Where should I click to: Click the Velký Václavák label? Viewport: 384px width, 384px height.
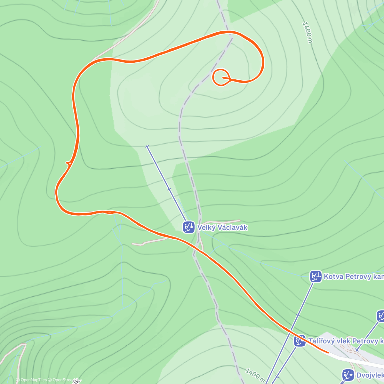click(x=222, y=228)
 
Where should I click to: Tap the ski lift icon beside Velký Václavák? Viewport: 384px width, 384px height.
click(x=189, y=227)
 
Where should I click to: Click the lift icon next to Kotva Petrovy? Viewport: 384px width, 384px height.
click(x=316, y=276)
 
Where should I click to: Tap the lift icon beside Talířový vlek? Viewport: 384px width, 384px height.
click(x=300, y=341)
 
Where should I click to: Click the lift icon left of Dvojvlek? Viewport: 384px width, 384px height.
click(x=348, y=375)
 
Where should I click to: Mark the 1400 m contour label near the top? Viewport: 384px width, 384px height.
click(x=307, y=32)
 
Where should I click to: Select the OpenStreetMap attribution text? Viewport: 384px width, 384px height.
click(x=64, y=380)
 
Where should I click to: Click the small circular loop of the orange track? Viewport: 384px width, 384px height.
click(x=220, y=77)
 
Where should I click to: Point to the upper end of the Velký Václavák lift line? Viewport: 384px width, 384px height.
click(x=147, y=147)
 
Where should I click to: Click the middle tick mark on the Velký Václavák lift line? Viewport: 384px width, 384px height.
click(x=169, y=189)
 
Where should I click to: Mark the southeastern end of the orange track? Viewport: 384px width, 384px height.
click(x=328, y=352)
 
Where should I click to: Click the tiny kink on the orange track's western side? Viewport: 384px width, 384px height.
click(x=68, y=164)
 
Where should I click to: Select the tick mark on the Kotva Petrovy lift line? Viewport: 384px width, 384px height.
click(x=298, y=315)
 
